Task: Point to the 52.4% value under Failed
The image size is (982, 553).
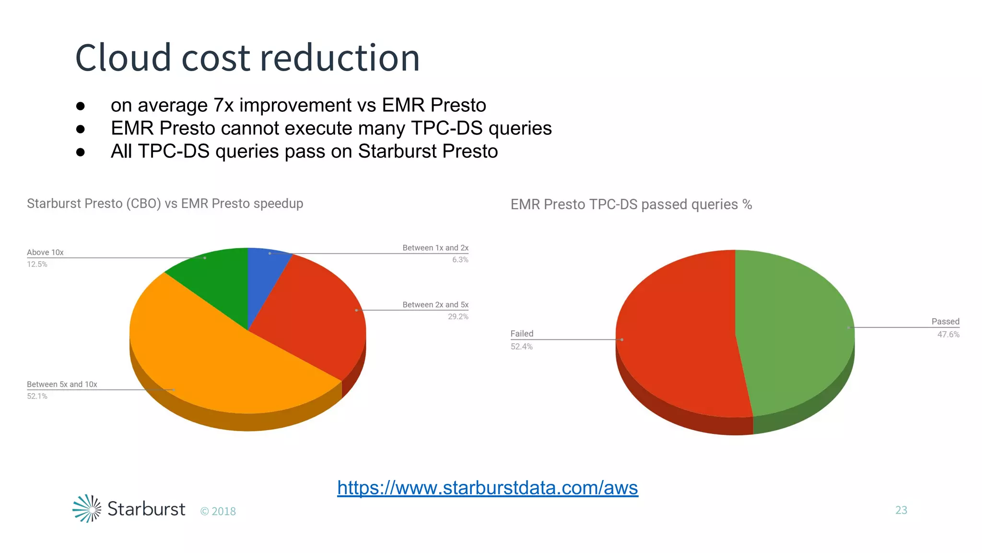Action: click(x=521, y=347)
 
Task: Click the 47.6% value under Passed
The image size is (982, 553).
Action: click(x=948, y=335)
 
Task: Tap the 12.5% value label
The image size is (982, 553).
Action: click(x=37, y=264)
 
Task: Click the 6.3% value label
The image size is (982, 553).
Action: click(x=460, y=260)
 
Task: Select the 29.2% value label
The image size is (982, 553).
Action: click(x=458, y=317)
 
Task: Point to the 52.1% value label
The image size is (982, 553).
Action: click(x=37, y=397)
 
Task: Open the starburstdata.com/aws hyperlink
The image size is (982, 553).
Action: click(x=487, y=488)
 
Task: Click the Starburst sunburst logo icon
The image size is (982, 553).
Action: click(x=87, y=508)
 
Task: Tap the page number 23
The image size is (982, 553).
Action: click(x=901, y=510)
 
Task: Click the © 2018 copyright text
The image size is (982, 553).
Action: click(x=218, y=512)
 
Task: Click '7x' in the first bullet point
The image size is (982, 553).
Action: click(x=223, y=105)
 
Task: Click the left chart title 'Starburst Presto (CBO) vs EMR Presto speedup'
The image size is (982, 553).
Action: click(x=165, y=204)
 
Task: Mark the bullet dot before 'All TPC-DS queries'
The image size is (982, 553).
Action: click(x=81, y=152)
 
